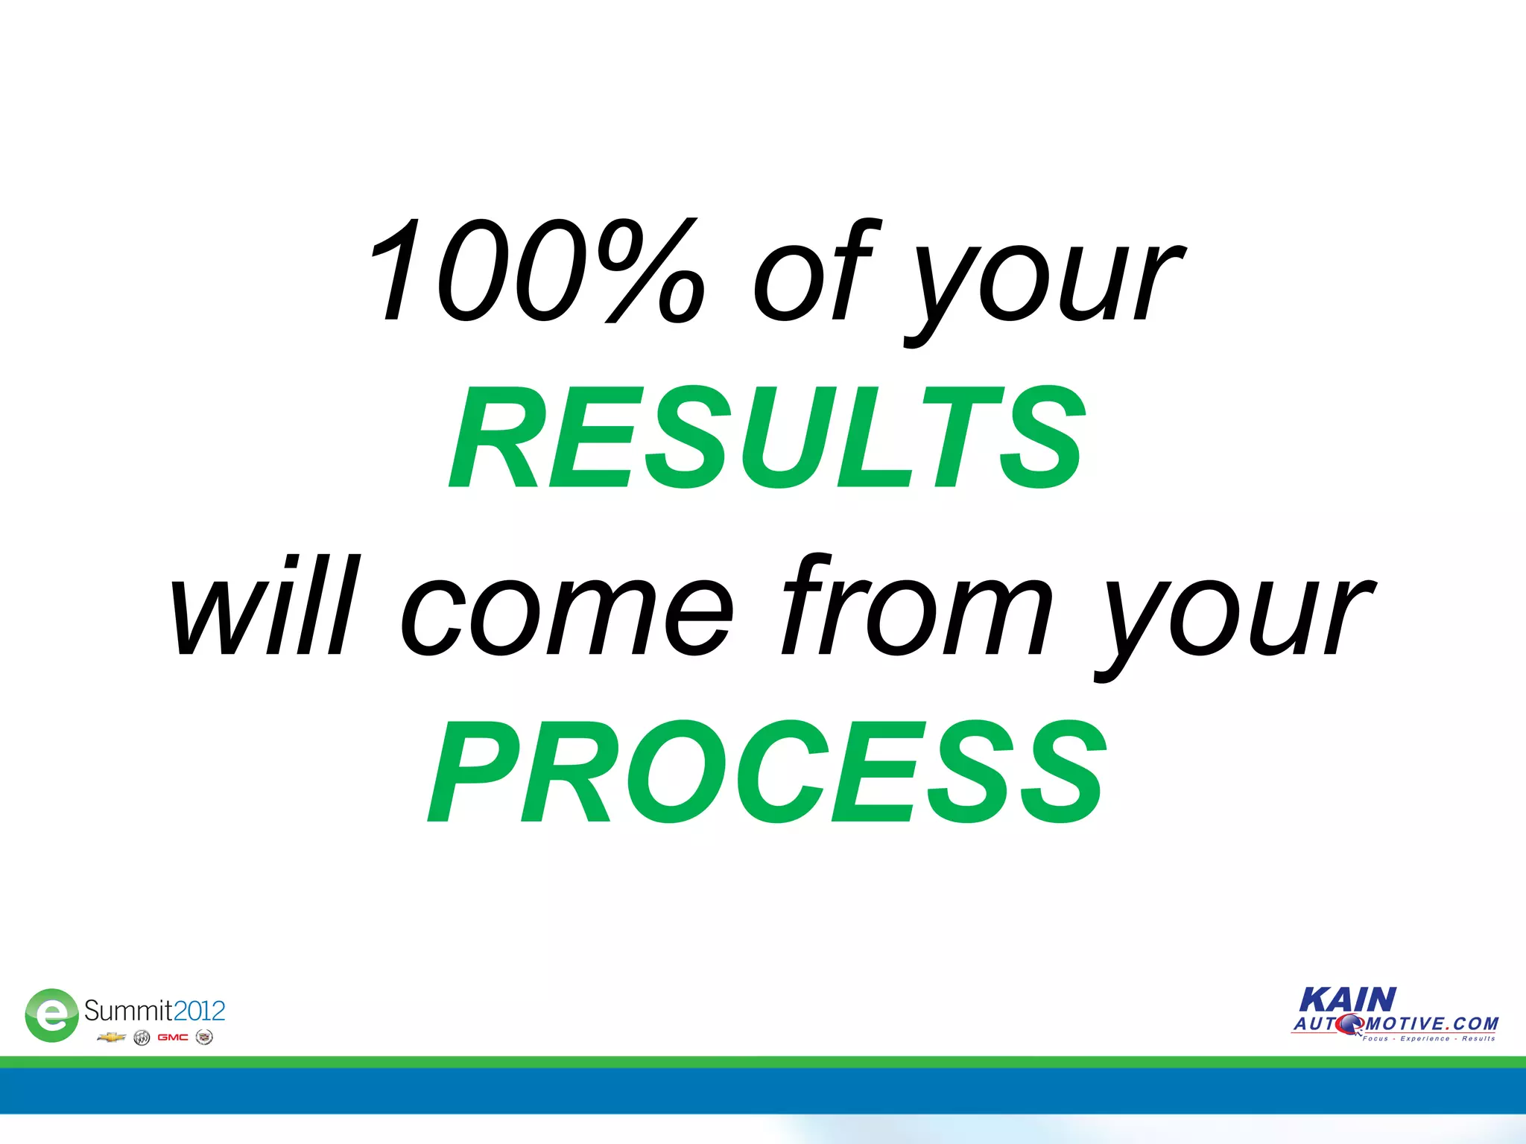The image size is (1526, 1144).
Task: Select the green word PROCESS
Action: (x=767, y=772)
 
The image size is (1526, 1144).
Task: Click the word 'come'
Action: (x=567, y=614)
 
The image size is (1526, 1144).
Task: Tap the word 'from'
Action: (x=916, y=607)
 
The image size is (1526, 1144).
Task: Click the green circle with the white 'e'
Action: (x=51, y=1014)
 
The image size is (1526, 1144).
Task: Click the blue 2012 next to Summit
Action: (x=199, y=1011)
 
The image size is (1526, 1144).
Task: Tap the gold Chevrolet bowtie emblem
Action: (x=111, y=1037)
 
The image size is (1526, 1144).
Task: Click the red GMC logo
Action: (x=172, y=1037)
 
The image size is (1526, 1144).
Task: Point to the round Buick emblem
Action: (x=142, y=1037)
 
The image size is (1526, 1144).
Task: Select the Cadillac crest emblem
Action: (x=203, y=1037)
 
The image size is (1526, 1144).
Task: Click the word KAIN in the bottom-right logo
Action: (x=1347, y=1000)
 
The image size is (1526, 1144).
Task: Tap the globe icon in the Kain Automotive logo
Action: (x=1349, y=1025)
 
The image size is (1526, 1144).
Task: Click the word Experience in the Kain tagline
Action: (x=1425, y=1038)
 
